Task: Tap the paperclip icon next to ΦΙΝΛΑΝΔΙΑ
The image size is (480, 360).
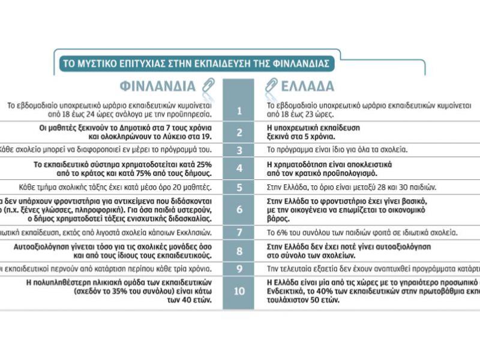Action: pos(208,86)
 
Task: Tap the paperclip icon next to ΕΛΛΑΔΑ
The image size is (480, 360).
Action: pos(271,86)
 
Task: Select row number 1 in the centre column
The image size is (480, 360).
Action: pos(239,110)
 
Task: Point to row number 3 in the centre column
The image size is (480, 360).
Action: pos(239,150)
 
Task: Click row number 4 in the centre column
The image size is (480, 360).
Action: pos(239,168)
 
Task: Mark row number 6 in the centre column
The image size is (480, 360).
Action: pos(239,209)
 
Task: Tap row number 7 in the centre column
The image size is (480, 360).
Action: pos(239,232)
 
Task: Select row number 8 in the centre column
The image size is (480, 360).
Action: pos(239,250)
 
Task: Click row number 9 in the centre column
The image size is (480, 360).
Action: pos(239,268)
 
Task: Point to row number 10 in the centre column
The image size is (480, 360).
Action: pos(239,291)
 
